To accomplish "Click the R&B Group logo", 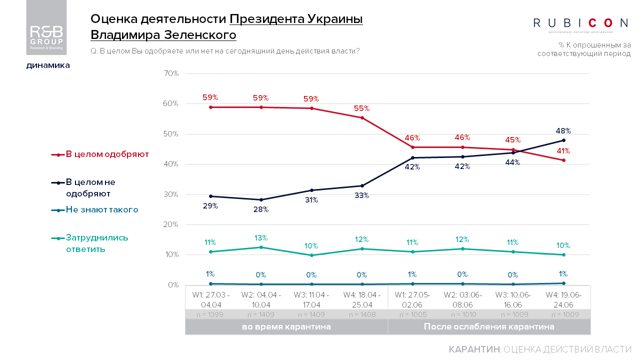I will click(x=46, y=27).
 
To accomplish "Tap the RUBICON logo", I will click(x=581, y=23).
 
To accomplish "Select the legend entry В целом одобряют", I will click(x=107, y=154).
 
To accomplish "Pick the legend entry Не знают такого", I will click(x=101, y=210).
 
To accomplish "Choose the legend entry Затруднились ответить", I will click(x=96, y=243).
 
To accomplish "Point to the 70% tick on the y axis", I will click(x=171, y=73).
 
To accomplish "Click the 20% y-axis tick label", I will click(x=171, y=224).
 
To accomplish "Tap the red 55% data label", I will click(x=361, y=108).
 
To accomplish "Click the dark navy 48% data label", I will click(x=563, y=131).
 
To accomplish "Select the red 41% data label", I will click(x=563, y=151).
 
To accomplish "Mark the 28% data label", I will click(x=260, y=209).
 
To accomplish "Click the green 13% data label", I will click(x=260, y=237).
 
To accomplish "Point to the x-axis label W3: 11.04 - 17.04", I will click(x=311, y=299).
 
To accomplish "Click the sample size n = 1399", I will click(x=210, y=314).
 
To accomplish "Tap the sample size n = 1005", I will click(x=412, y=314).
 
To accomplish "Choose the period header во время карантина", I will click(x=286, y=327).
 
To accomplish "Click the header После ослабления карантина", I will click(x=489, y=327).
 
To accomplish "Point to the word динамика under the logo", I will click(x=48, y=65).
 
